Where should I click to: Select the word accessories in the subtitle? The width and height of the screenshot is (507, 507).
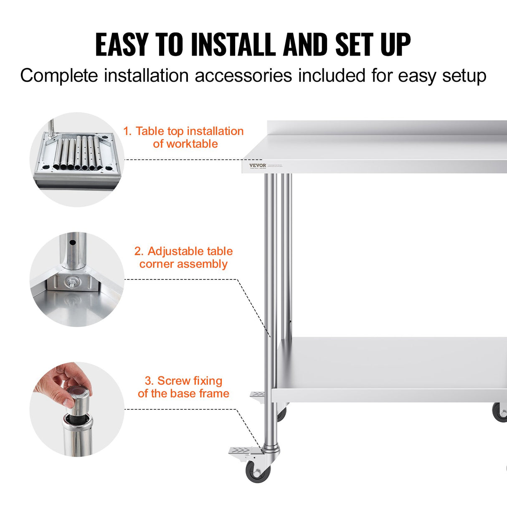243,76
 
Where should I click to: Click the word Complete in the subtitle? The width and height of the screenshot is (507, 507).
59,76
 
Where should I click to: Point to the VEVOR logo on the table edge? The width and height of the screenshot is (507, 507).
257,165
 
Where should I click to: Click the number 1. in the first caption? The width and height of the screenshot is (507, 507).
127,131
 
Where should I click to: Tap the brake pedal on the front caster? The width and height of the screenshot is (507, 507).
242,451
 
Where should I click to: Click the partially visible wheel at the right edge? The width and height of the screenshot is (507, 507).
500,412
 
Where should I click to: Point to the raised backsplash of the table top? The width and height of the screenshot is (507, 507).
386,128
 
